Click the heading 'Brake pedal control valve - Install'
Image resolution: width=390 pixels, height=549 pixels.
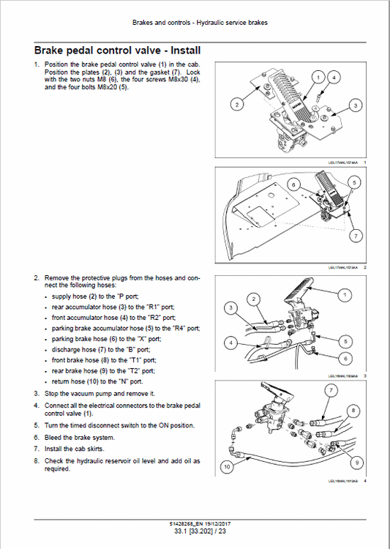117,51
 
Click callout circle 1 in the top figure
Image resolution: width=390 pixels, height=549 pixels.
318,77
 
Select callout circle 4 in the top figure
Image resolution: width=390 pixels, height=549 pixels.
334,77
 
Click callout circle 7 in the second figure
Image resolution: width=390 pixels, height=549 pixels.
354,236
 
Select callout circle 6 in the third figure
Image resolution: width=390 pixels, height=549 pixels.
345,359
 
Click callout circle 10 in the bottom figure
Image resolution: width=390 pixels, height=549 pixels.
228,465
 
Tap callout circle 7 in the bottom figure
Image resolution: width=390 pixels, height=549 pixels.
330,391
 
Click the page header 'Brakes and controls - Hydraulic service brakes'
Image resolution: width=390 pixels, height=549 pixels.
200,23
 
